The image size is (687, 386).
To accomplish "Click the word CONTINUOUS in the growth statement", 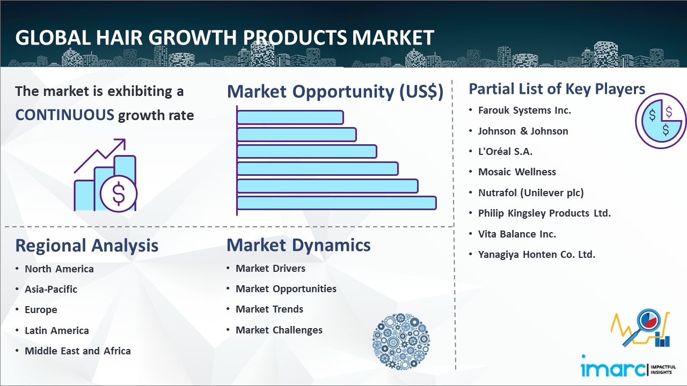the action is coord(65,115).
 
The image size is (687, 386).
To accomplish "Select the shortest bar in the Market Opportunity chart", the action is coord(290,117).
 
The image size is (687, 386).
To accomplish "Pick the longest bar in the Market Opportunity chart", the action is coord(337,203).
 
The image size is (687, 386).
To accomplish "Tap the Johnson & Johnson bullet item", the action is coord(523,131).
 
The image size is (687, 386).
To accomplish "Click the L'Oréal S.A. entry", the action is coord(505,151).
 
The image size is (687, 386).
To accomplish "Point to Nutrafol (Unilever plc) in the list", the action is coord(531,192).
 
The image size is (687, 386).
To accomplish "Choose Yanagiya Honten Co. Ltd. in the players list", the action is coord(536,255).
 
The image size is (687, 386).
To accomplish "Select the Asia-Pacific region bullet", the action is coord(51,289).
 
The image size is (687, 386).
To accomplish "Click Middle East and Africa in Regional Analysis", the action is coord(78,351).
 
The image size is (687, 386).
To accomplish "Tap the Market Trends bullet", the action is coord(269,309).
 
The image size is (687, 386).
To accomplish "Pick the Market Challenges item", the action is coord(279,330).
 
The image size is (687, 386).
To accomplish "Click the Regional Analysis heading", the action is coord(87,246).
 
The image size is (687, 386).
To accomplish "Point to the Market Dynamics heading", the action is coord(298,245).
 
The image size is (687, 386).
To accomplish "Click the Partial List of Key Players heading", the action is coord(557,89).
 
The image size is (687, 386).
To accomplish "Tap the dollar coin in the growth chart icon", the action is coord(119,194).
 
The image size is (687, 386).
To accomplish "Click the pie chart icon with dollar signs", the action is coord(660,121).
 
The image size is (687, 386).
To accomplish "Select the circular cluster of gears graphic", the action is coord(401,342).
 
